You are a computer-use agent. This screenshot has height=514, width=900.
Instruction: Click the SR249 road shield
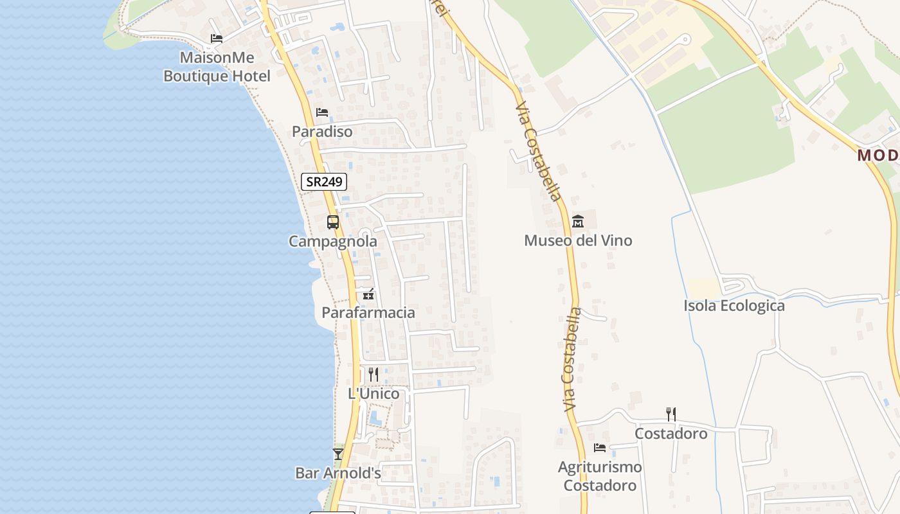(324, 182)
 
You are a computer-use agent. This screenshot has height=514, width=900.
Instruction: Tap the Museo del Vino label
(578, 241)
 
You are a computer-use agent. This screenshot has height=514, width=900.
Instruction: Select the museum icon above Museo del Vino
(577, 222)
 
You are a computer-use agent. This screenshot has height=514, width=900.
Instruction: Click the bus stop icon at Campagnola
(332, 222)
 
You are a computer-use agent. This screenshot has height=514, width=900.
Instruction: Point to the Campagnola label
(332, 242)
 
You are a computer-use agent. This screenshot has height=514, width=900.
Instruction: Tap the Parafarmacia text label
(368, 313)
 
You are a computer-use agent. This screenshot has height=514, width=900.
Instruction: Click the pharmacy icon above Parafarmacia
(368, 294)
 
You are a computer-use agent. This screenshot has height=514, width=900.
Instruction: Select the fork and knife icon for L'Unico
(373, 374)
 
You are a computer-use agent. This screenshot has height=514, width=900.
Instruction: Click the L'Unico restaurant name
(373, 394)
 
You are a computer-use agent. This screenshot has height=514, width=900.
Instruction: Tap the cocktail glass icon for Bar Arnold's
(337, 454)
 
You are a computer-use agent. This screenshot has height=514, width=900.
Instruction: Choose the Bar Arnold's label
(338, 474)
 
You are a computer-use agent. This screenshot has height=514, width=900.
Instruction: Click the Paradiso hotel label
(322, 132)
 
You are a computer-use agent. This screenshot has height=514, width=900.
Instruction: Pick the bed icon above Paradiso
(322, 112)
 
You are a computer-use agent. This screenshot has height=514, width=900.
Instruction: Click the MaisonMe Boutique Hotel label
(217, 67)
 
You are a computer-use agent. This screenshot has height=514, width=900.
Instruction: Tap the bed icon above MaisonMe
(217, 39)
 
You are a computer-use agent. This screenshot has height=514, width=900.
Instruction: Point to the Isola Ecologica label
(734, 306)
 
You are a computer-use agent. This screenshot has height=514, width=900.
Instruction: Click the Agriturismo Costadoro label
(600, 476)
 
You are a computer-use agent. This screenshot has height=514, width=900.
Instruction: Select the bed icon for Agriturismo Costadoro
(600, 448)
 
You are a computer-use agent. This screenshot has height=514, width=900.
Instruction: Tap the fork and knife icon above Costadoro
(670, 414)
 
